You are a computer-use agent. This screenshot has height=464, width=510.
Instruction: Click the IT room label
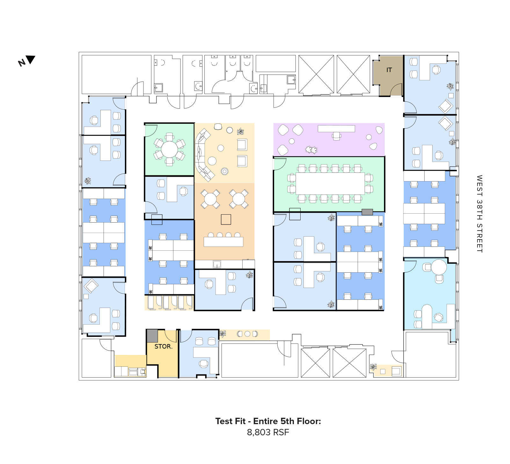point(389,70)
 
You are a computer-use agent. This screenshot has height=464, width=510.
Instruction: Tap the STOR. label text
point(163,346)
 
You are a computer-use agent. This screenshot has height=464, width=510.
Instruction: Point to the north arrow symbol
point(31,60)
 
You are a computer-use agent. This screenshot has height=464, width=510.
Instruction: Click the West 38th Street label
point(479,214)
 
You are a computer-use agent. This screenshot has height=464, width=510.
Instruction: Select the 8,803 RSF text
point(268,432)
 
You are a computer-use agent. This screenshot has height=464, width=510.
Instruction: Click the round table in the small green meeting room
point(169,149)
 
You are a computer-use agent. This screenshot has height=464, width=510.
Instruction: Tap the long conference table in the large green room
point(330,183)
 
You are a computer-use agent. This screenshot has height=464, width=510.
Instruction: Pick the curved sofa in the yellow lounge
point(203,155)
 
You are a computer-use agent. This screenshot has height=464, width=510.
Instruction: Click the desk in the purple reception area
point(336,129)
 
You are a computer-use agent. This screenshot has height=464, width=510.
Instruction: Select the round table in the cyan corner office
point(439,267)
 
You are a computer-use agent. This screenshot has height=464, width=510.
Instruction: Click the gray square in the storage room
point(152,336)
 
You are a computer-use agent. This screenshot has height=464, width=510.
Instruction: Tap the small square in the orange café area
point(226,219)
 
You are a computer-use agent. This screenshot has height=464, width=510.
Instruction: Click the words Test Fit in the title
point(230,421)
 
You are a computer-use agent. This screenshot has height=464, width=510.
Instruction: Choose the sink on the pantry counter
point(217,264)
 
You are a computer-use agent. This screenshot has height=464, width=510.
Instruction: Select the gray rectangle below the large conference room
point(367,212)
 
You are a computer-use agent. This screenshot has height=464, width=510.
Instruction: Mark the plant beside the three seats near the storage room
point(222,334)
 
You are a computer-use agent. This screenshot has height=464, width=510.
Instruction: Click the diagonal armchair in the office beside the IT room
point(445,106)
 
